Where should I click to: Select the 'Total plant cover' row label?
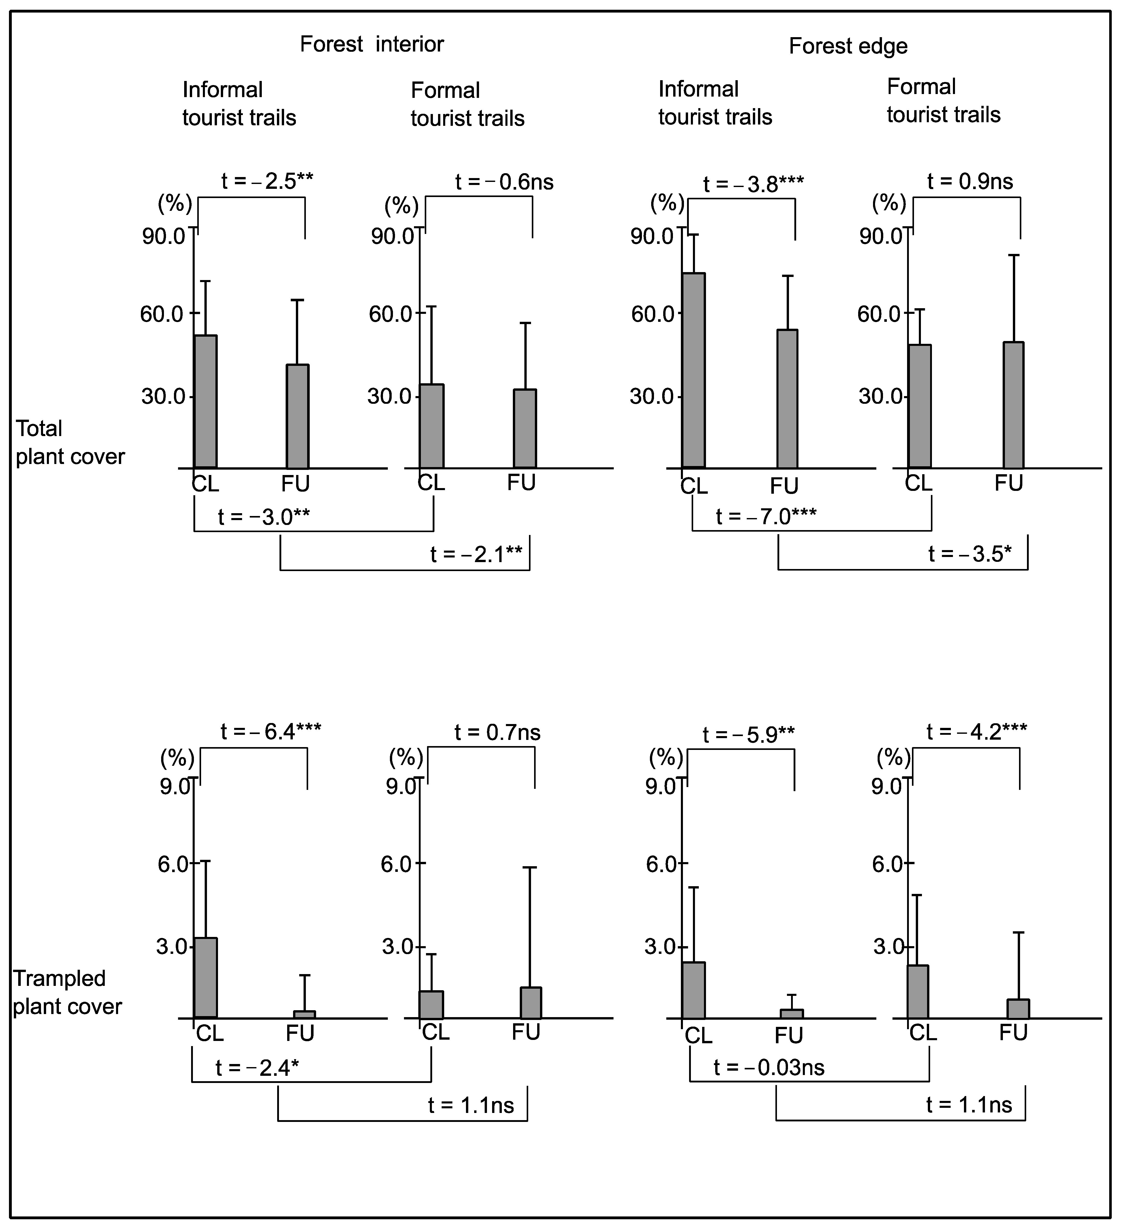click(x=69, y=442)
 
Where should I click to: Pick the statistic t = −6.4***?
click(x=271, y=731)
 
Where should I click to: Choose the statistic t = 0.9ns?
click(x=970, y=181)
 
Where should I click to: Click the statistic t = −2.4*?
click(x=257, y=1068)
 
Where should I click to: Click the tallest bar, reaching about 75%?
click(x=693, y=370)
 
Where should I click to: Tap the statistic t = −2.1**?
click(x=476, y=554)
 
